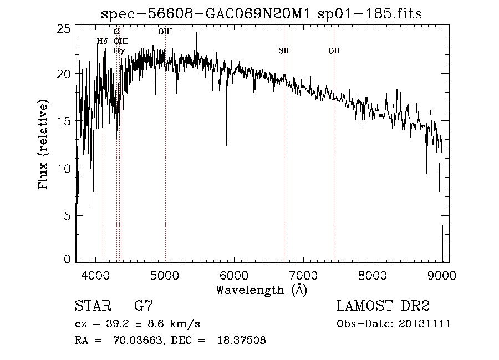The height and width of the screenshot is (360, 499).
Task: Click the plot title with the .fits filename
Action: tap(262, 14)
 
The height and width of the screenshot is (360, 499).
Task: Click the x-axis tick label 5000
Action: tap(165, 274)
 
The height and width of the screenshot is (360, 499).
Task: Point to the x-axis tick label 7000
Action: tap(303, 274)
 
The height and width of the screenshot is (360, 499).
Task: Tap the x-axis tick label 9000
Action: tap(441, 274)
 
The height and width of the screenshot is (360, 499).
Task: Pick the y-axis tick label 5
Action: tap(67, 215)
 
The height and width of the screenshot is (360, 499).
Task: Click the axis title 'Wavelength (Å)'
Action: tap(261, 289)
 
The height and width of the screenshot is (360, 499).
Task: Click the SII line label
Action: tap(284, 51)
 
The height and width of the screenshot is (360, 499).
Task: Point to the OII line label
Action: tap(334, 51)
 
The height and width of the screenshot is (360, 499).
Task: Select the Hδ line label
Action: tap(102, 42)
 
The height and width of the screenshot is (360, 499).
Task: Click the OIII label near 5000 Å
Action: tap(165, 32)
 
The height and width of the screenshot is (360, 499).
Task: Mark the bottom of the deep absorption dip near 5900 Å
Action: tap(226, 145)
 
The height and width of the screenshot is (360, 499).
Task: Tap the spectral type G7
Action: tap(143, 306)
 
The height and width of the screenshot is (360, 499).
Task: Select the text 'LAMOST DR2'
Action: tap(383, 306)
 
